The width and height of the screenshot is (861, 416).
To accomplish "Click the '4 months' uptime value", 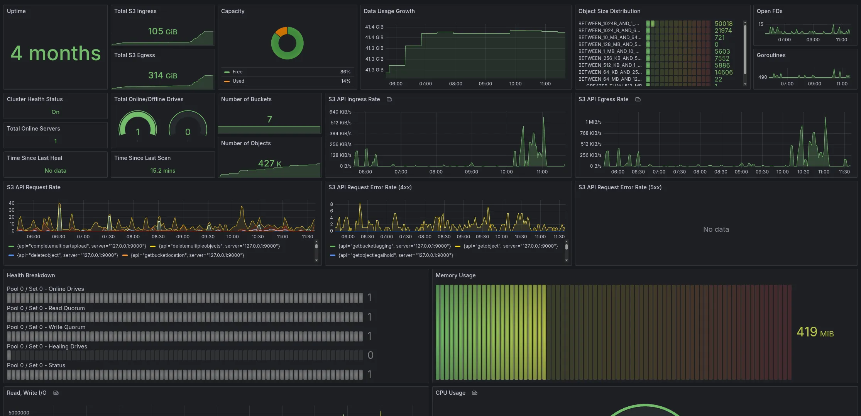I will (x=56, y=53).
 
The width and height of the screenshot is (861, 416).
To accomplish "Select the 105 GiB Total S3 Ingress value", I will (x=162, y=31).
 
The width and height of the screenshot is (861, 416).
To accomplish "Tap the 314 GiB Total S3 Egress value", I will (x=162, y=75).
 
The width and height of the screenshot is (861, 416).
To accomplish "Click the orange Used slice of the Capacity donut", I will (x=281, y=31).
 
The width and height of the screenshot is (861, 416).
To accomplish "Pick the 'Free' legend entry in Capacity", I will (x=237, y=72).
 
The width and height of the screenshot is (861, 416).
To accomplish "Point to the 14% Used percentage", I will (x=345, y=81).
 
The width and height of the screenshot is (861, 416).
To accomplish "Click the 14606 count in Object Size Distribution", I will (x=723, y=72).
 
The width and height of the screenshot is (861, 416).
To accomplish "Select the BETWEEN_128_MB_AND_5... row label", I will (x=609, y=44).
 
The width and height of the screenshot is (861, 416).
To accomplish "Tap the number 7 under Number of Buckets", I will (x=269, y=119).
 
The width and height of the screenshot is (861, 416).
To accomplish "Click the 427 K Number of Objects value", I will (x=269, y=163).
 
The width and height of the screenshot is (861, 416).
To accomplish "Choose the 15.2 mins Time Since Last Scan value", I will (x=162, y=171).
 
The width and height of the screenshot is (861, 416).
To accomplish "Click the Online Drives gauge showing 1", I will (x=138, y=126).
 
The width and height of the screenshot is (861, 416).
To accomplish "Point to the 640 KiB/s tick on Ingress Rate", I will (x=340, y=112).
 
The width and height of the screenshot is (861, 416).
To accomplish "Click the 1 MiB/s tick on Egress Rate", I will (x=593, y=122).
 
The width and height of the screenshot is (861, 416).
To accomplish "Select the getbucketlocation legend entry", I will (x=187, y=255).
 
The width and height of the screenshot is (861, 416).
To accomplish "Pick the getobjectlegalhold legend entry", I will (x=395, y=255).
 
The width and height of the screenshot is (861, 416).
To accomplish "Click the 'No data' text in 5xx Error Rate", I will (x=716, y=229).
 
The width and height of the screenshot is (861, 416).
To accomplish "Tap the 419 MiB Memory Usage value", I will (x=815, y=332).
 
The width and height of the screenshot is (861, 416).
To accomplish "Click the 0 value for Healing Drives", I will (x=370, y=355).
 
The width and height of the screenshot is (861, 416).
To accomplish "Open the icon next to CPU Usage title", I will (x=475, y=393).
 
